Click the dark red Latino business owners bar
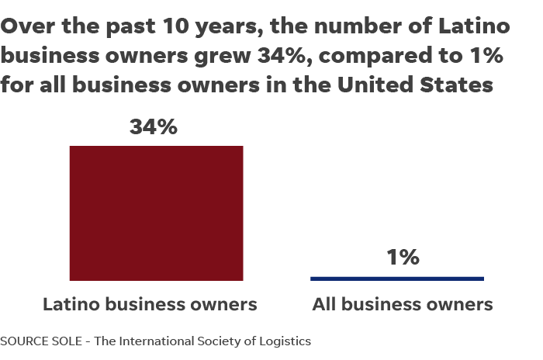pos(156,213)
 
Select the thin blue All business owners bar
pos(396,278)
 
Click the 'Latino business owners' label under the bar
pos(149,305)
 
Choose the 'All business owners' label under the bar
pos(402,305)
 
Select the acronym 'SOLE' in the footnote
pos(65,341)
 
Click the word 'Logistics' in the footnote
pos(285,341)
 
